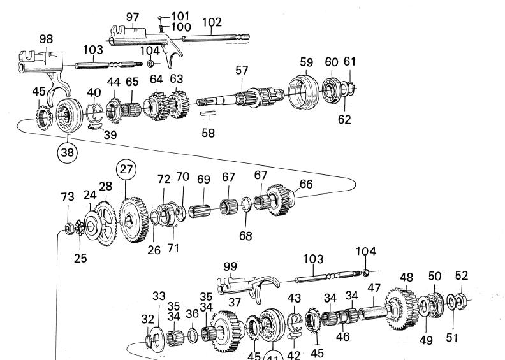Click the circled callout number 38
point(67,152)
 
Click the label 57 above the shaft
point(241,70)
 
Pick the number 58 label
point(208,133)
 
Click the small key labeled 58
point(208,115)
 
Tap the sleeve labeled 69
point(200,208)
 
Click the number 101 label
point(180,15)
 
